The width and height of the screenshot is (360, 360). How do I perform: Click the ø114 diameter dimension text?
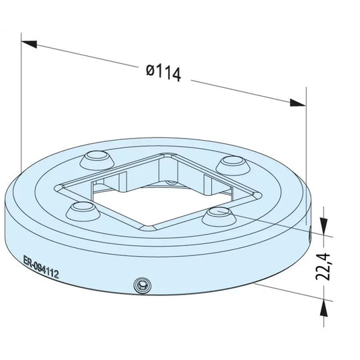[x=163, y=72]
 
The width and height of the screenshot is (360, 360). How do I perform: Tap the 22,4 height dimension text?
[x=325, y=265]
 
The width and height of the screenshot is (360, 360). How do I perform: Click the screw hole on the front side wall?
[x=141, y=285]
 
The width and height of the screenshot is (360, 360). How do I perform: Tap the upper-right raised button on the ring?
[x=233, y=162]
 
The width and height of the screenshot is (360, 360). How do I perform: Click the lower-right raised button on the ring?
[x=218, y=214]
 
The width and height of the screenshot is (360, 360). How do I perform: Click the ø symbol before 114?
[x=150, y=69]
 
